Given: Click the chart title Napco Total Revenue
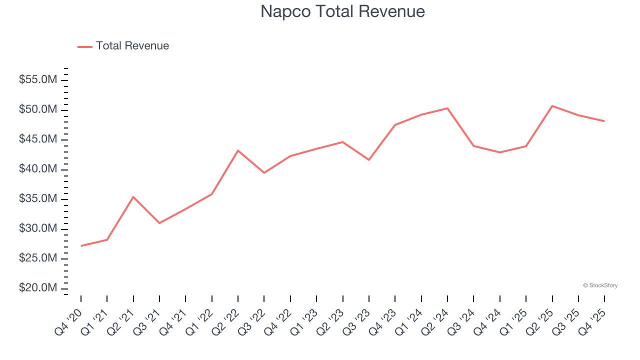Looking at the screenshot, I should [x=342, y=11].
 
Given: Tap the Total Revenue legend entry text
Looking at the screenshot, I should [x=132, y=46].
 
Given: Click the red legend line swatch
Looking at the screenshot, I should [x=85, y=46].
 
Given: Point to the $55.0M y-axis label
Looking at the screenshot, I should [x=38, y=80].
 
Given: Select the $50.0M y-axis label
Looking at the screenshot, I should [x=38, y=109].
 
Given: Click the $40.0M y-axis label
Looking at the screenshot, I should [x=38, y=169].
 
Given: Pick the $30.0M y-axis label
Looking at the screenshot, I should [x=38, y=228].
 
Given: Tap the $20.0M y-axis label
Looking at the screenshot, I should [x=38, y=288].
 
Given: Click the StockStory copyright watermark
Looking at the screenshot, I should [x=600, y=285].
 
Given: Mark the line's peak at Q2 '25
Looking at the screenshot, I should [x=552, y=106].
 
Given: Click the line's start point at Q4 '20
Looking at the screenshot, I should [x=81, y=245].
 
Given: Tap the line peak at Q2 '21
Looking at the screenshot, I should [x=133, y=197].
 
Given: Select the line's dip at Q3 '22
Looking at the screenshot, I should [x=264, y=172].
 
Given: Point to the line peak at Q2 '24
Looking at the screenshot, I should [x=447, y=108].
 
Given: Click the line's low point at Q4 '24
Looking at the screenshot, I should [x=499, y=152].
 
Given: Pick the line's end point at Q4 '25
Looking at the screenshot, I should [x=604, y=121].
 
